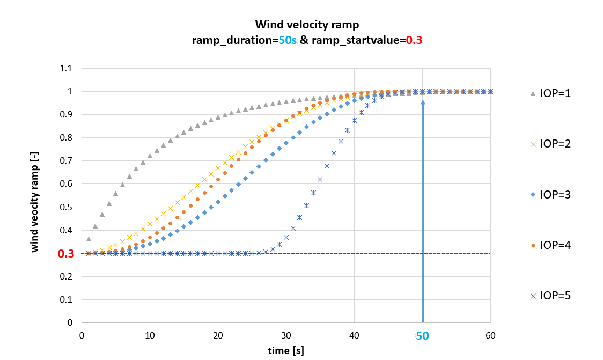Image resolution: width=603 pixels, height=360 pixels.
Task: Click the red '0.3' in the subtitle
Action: click(x=414, y=40)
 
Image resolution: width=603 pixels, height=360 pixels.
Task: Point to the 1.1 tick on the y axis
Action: click(x=67, y=69)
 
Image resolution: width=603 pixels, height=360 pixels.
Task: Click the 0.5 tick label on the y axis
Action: click(x=67, y=207)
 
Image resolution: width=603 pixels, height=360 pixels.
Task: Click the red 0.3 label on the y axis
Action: click(x=65, y=254)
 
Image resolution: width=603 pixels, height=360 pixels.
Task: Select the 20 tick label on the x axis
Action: click(x=218, y=335)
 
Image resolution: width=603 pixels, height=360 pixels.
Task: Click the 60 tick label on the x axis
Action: click(x=490, y=335)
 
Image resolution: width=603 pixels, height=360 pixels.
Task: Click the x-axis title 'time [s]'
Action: click(x=286, y=350)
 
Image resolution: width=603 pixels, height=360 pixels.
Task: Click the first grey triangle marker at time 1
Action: click(x=89, y=239)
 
